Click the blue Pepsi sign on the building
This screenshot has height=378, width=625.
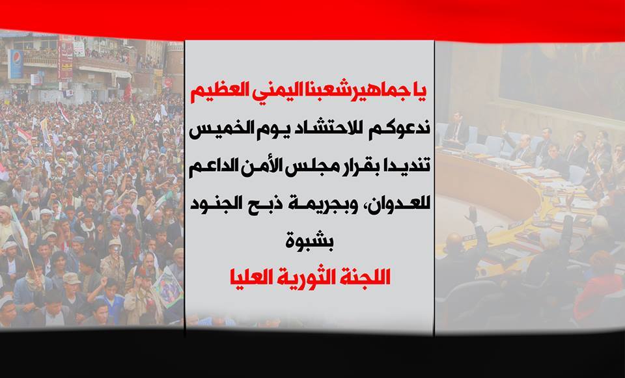tap(16, 64)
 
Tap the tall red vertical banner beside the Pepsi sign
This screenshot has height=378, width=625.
tap(66, 59)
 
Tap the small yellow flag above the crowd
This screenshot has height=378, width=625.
tap(133, 118)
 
